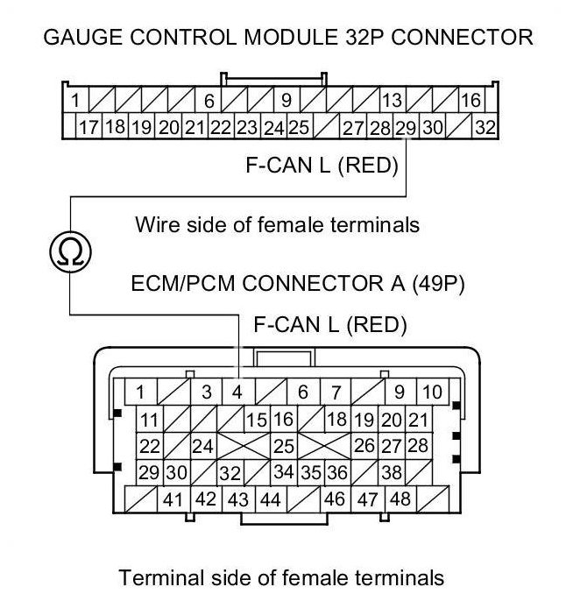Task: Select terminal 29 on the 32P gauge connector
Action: tap(406, 127)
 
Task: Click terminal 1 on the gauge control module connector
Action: tap(76, 100)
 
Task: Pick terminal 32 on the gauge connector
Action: tap(485, 127)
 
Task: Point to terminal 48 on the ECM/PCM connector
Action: tap(400, 500)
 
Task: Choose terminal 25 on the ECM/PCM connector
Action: tap(284, 446)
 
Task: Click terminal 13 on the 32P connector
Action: tap(393, 100)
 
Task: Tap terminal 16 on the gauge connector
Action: tap(470, 100)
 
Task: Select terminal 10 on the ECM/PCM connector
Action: tap(432, 392)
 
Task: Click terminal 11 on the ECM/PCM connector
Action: tap(150, 420)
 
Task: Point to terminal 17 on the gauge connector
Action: tap(88, 127)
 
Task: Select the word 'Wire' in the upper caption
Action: tap(155, 225)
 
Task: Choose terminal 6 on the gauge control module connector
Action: tap(210, 100)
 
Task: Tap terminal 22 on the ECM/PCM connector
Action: tap(150, 446)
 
